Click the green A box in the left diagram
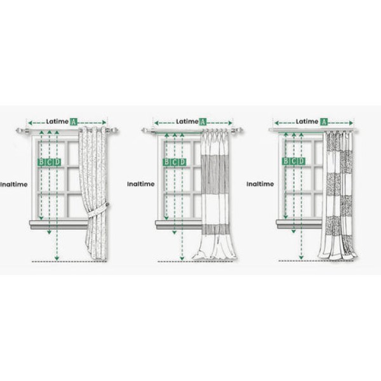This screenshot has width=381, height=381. [x=74, y=121]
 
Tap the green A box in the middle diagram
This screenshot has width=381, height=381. [x=203, y=122]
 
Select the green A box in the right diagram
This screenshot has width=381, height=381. [x=324, y=122]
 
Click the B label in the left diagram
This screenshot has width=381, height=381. [x=41, y=162]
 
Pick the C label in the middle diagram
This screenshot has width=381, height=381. [x=174, y=162]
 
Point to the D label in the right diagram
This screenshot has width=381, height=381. [x=301, y=161]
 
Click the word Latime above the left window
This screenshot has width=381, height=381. [x=57, y=121]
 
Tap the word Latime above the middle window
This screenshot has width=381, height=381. [x=187, y=121]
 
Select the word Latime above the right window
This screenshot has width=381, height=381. [x=307, y=121]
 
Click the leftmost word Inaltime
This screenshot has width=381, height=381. [x=14, y=184]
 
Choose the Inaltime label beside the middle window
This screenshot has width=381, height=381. [x=141, y=184]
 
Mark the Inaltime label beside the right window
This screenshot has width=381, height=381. [x=260, y=184]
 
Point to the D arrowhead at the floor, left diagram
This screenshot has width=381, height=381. [x=57, y=258]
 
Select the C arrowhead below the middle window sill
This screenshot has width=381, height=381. [x=174, y=232]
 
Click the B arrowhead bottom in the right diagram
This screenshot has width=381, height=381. [x=286, y=217]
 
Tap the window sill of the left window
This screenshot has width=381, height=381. [x=58, y=225]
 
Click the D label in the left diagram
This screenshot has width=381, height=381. [x=57, y=162]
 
